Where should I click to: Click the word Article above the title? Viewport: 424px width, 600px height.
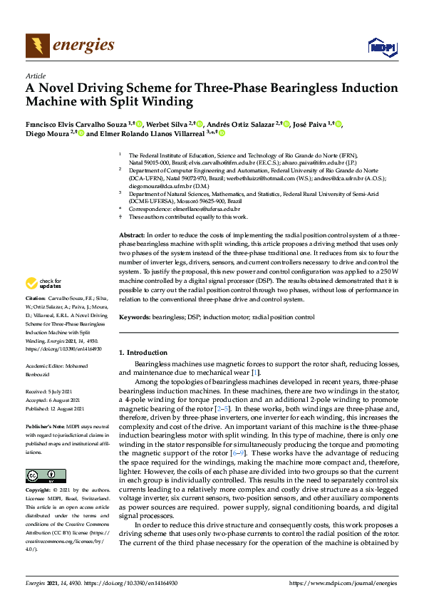(35, 76)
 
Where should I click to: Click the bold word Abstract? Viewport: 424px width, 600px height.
(131, 234)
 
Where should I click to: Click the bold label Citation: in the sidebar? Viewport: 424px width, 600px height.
(36, 298)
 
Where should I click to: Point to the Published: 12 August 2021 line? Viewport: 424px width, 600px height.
(55, 409)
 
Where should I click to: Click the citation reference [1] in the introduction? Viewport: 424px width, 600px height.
(257, 373)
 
